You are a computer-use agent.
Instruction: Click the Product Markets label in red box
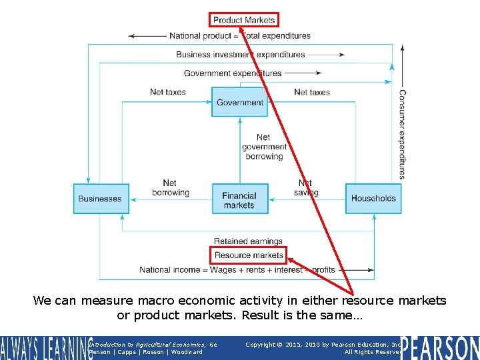point(243,20)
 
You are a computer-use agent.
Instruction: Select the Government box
point(240,103)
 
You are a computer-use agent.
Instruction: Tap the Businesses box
point(101,199)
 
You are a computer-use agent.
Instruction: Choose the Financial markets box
point(240,200)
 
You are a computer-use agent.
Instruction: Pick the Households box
point(373,199)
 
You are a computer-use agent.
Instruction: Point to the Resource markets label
point(249,255)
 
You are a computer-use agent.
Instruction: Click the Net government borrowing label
point(264,147)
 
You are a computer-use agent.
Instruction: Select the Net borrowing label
point(170,187)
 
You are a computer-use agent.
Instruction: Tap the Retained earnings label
point(248,241)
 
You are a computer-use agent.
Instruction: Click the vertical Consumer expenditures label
point(402,134)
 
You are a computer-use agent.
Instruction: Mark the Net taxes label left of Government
point(168,92)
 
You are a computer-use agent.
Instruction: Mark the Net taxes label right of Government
point(312,92)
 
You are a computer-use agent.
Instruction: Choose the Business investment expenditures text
point(241,55)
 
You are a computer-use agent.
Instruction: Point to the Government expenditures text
point(233,73)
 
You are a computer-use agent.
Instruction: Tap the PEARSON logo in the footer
point(441,347)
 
